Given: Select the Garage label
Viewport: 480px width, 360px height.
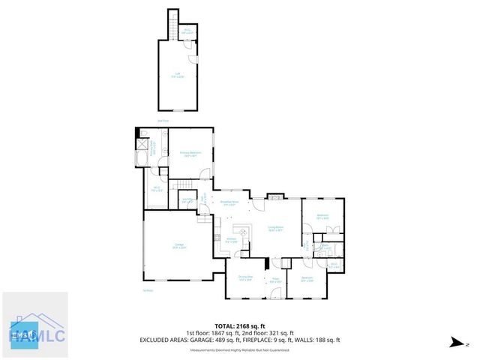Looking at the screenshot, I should pos(180,246).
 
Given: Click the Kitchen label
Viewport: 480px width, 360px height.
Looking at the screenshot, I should pos(232,241).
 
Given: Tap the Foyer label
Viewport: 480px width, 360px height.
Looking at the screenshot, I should pos(275,280).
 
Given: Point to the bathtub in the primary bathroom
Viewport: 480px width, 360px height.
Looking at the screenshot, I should pos(142,158).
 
